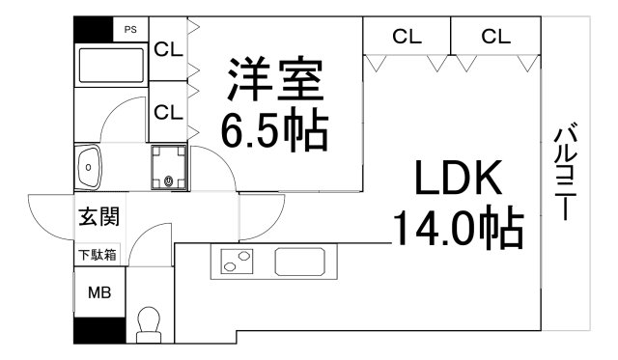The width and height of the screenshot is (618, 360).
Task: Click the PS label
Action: tap(129, 30)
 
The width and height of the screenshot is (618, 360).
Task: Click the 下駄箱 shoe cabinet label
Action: tap(98, 255)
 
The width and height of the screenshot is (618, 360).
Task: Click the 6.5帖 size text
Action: tap(274, 129)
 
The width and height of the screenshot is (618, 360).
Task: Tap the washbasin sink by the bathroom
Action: tap(89, 167)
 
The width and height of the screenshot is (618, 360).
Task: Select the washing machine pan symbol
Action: tap(169, 167)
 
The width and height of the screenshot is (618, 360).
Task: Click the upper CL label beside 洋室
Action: tap(168, 48)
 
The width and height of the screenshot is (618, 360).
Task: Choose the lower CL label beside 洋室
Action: tap(168, 112)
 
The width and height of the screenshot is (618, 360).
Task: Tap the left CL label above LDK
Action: tap(407, 37)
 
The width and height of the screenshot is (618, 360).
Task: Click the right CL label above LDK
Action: tap(495, 37)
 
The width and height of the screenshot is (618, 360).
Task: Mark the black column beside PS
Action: tap(94, 29)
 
